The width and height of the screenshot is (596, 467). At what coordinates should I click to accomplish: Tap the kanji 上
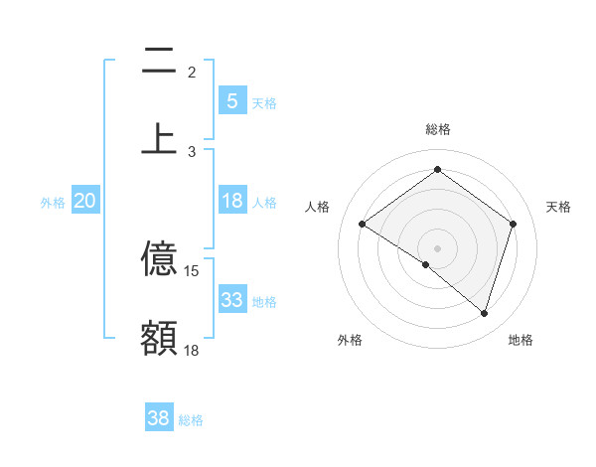click(x=159, y=138)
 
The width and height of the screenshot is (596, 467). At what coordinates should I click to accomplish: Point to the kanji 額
click(x=159, y=337)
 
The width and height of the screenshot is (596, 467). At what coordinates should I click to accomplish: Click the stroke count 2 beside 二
click(x=192, y=73)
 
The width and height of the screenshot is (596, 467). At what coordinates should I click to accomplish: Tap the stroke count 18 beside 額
click(x=192, y=350)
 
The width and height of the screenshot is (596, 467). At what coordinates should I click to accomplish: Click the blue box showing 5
click(x=231, y=101)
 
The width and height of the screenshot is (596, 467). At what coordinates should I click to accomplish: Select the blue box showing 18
click(x=231, y=201)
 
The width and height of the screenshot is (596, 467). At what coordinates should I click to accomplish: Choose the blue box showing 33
click(x=231, y=300)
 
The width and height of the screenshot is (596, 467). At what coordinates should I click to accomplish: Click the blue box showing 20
click(x=84, y=201)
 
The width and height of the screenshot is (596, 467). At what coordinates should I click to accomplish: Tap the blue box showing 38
click(x=158, y=419)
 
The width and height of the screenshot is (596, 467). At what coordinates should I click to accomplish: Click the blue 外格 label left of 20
click(x=53, y=203)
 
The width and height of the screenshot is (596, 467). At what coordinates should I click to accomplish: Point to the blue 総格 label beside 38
click(x=191, y=421)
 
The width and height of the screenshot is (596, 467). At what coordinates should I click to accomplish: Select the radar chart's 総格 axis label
click(x=438, y=129)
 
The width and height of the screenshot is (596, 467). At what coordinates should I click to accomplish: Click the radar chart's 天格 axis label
click(x=558, y=207)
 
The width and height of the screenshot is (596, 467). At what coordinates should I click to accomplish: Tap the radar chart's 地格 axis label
click(x=521, y=340)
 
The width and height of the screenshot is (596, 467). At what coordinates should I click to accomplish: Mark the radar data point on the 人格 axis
click(x=363, y=225)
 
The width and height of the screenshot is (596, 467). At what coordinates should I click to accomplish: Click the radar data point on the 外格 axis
click(x=426, y=264)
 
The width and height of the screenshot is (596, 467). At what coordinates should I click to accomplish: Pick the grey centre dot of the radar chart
click(x=438, y=247)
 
